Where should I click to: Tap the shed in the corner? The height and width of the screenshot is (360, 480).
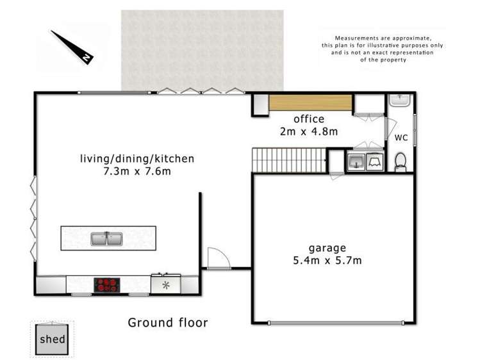pos(53,338)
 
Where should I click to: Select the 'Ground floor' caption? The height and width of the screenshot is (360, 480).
pos(167,322)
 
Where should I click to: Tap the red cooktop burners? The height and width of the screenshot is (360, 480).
pos(108,284)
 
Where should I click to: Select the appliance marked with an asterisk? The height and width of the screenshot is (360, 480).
pos(166,284)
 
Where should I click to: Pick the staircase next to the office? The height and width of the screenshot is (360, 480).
pos(288,160)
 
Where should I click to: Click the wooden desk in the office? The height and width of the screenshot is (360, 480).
pos(310,102)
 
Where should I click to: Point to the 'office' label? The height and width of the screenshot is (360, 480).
pos(309,119)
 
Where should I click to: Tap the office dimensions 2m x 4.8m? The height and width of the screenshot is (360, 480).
pos(309,131)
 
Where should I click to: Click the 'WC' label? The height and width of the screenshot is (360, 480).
pos(401,138)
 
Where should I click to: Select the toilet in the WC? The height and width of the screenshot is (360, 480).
pos(401,162)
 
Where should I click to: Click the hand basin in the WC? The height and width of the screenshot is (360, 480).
pos(399,101)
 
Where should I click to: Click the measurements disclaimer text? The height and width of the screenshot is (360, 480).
pos(383,48)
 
